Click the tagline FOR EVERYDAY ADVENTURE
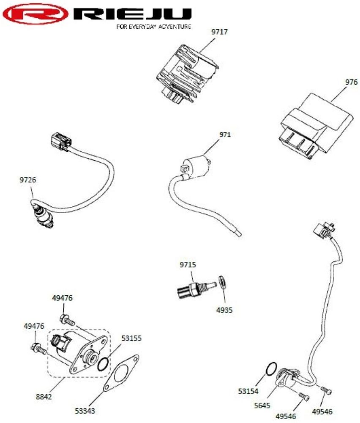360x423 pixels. pyautogui.click(x=154, y=26)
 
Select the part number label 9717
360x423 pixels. pyautogui.click(x=219, y=32)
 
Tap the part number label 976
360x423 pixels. pyautogui.click(x=352, y=82)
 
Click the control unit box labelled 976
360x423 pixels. pyautogui.click(x=315, y=126)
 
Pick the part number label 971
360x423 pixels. pyautogui.click(x=225, y=135)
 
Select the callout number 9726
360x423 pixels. pyautogui.click(x=28, y=180)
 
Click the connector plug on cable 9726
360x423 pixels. pyautogui.click(x=61, y=141)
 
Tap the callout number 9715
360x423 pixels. pyautogui.click(x=188, y=265)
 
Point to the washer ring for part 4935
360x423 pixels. pyautogui.click(x=222, y=281)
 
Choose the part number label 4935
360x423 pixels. pyautogui.click(x=224, y=310)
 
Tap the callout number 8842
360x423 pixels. pyautogui.click(x=44, y=397)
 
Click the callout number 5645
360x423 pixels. pyautogui.click(x=262, y=405)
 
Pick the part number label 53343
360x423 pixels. pyautogui.click(x=85, y=411)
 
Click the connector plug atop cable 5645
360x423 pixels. pyautogui.click(x=324, y=229)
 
